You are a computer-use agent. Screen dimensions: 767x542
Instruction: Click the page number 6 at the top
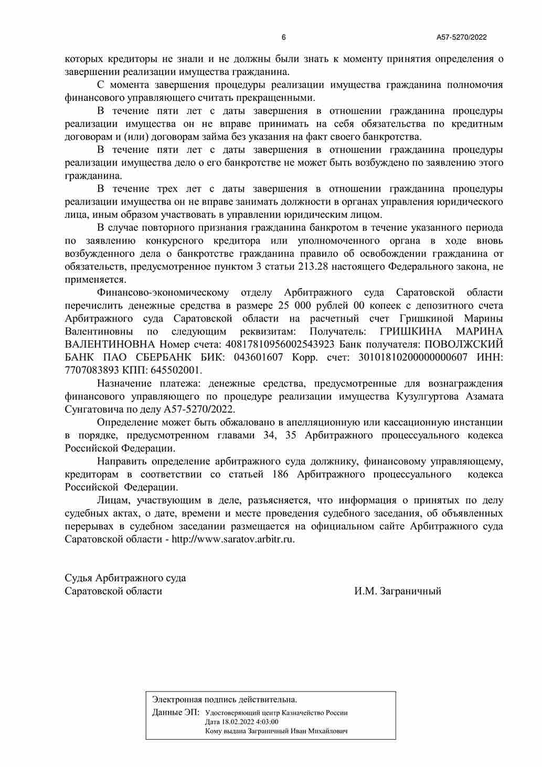tap(284, 37)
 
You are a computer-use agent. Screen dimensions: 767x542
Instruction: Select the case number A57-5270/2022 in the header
tap(462, 37)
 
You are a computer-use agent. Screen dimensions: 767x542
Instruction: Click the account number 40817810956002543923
tap(280, 344)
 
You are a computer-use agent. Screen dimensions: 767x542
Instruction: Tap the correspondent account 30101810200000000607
tap(412, 358)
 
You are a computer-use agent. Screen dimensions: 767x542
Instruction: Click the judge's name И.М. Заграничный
tap(397, 591)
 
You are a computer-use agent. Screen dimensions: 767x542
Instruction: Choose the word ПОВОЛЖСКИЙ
tap(463, 344)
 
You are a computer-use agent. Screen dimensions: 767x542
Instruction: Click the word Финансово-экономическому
tap(163, 292)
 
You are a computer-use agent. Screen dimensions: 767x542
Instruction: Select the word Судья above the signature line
tap(79, 578)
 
